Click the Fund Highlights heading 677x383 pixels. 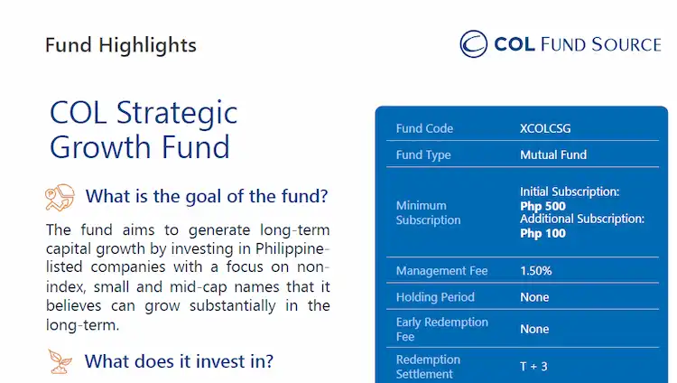point(120,44)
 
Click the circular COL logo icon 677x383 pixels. point(474,43)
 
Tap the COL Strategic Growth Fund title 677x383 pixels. point(144,129)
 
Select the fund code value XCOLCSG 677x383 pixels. point(545,128)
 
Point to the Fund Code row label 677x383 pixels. point(424,128)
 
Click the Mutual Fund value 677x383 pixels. point(553,154)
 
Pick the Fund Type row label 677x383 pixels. point(423,154)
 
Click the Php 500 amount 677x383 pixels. point(543,206)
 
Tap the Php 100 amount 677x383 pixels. point(543,233)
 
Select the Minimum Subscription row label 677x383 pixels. point(428,212)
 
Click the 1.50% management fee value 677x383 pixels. point(535,270)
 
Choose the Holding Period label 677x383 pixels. point(435,297)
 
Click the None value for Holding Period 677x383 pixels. point(534,297)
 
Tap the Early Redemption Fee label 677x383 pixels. point(441,329)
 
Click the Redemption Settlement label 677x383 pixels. point(428,367)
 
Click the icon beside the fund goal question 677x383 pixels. point(60,196)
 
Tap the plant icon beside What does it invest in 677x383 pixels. point(60,361)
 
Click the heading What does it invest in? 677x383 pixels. point(179,361)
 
